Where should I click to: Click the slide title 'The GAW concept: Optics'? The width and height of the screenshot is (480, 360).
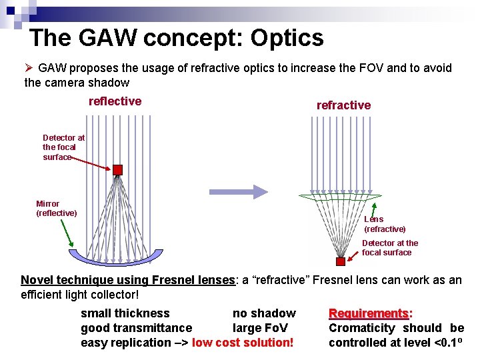[x=177, y=38]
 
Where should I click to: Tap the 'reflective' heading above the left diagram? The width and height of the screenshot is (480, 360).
[x=115, y=101]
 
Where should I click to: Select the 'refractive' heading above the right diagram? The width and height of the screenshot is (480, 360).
[x=343, y=105]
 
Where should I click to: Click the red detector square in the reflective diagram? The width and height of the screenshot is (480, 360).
[x=118, y=169]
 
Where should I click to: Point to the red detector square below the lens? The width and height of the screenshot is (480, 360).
[x=341, y=261]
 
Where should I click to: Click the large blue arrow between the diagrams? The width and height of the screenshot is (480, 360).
[x=239, y=192]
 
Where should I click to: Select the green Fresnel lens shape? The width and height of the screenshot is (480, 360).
[x=340, y=197]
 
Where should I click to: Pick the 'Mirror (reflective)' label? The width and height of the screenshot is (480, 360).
[x=56, y=209]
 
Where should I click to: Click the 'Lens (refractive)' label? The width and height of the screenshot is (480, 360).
[x=384, y=224]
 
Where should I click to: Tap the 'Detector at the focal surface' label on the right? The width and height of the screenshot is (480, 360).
[x=390, y=248]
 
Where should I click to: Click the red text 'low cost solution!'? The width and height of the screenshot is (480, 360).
[x=243, y=343]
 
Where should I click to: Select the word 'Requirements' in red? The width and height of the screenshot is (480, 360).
[x=369, y=313]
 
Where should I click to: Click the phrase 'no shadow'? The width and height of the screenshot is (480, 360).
[x=264, y=313]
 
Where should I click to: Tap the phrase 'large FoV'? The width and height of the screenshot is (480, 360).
[x=260, y=328]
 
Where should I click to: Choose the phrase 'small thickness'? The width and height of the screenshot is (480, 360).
[x=125, y=313]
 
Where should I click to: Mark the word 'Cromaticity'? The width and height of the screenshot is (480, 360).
[x=362, y=328]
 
